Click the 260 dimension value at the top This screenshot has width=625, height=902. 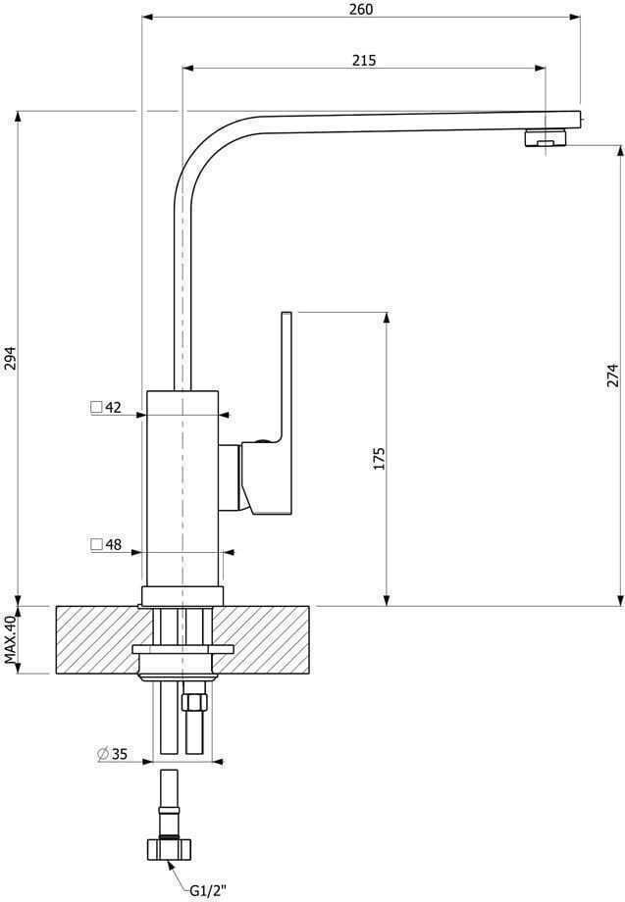[x=361, y=10]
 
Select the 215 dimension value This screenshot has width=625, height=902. [x=364, y=60]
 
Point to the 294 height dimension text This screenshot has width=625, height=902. [x=11, y=359]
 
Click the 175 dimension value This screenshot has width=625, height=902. [x=380, y=459]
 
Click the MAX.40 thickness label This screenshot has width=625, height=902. [x=11, y=640]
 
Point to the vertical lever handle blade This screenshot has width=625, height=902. [x=287, y=373]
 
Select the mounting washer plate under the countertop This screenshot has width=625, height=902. [x=182, y=649]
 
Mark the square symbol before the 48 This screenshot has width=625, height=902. [x=96, y=545]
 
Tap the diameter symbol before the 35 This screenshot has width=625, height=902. [x=102, y=753]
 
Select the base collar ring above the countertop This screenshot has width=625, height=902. [x=182, y=595]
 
